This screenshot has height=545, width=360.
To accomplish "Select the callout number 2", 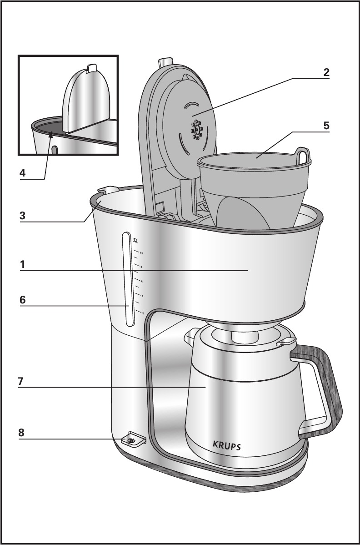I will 326,72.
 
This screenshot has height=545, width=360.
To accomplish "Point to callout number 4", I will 22,173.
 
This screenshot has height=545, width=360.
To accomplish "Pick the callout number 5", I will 326,126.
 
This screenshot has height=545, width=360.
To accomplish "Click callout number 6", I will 22,300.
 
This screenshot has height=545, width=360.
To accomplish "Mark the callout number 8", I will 21,433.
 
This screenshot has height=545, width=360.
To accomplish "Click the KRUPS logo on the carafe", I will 227,444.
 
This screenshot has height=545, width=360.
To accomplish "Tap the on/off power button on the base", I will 131,440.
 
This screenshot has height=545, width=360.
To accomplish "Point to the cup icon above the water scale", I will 135,239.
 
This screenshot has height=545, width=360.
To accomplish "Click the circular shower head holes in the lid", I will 197,129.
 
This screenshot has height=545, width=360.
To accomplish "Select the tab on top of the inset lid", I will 91,68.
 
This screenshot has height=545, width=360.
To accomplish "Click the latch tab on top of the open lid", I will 165,62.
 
